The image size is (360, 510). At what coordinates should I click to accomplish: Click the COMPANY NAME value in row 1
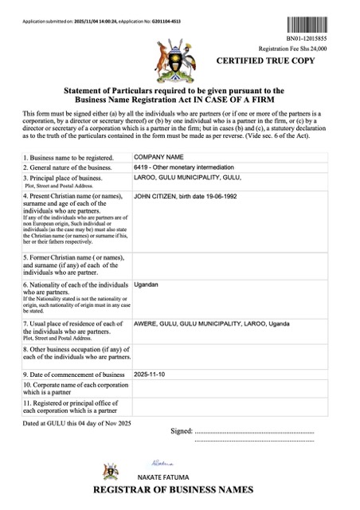158,158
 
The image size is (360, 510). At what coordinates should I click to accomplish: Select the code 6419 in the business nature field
142,169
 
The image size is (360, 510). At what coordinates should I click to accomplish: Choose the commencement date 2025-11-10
151,374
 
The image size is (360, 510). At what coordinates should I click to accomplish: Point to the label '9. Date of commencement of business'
74,375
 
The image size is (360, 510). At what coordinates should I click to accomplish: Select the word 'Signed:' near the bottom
182,430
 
